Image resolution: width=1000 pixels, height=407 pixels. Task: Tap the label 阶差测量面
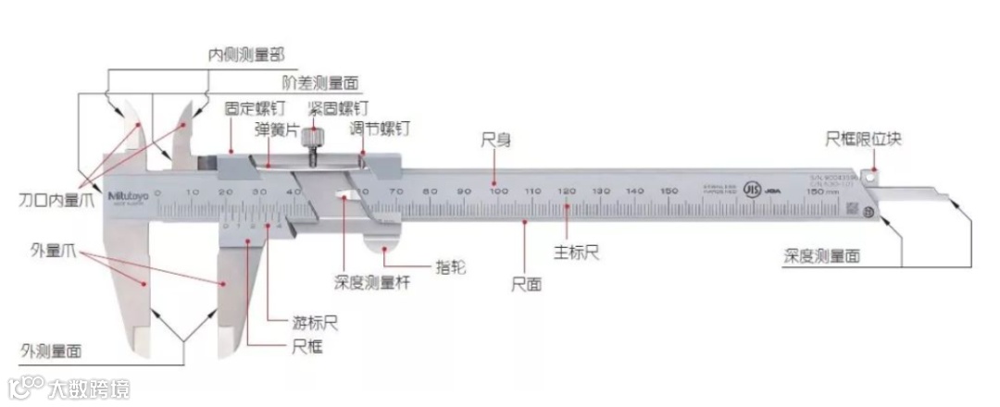click(x=320, y=83)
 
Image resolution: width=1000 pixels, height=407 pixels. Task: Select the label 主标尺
click(x=576, y=253)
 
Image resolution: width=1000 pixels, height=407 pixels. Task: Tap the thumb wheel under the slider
click(x=384, y=242)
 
